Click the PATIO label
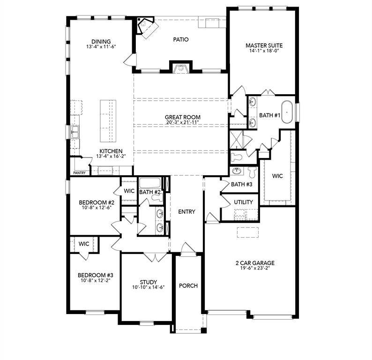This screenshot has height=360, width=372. click(180, 40)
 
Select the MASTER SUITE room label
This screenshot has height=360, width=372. click(264, 45)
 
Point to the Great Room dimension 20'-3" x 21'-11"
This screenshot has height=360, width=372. click(182, 123)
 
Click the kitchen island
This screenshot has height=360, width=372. click(107, 121)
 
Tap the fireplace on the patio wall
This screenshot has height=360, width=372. click(180, 68)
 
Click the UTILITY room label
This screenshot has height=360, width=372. click(243, 202)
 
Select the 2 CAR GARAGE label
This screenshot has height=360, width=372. click(255, 263)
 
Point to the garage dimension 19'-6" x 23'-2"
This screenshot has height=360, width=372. click(255, 269)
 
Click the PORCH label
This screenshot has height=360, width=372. click(188, 285)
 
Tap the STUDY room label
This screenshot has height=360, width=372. click(148, 282)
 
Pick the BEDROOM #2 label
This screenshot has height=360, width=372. click(96, 202)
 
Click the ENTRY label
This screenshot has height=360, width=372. click(186, 212)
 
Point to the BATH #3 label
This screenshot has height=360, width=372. click(242, 185)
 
